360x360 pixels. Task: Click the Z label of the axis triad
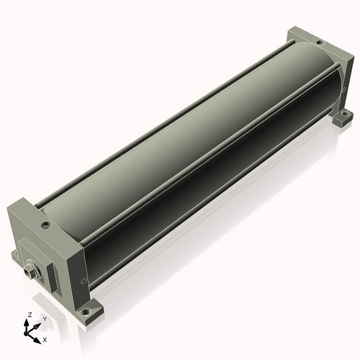30,315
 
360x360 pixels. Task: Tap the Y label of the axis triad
45,319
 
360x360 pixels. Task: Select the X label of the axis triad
45,340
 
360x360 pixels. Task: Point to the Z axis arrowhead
26,323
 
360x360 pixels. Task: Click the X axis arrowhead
37,341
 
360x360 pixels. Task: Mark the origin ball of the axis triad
25,333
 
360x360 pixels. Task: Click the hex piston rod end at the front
30,271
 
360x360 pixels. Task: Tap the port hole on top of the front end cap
46,225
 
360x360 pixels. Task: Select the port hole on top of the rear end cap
320,43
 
